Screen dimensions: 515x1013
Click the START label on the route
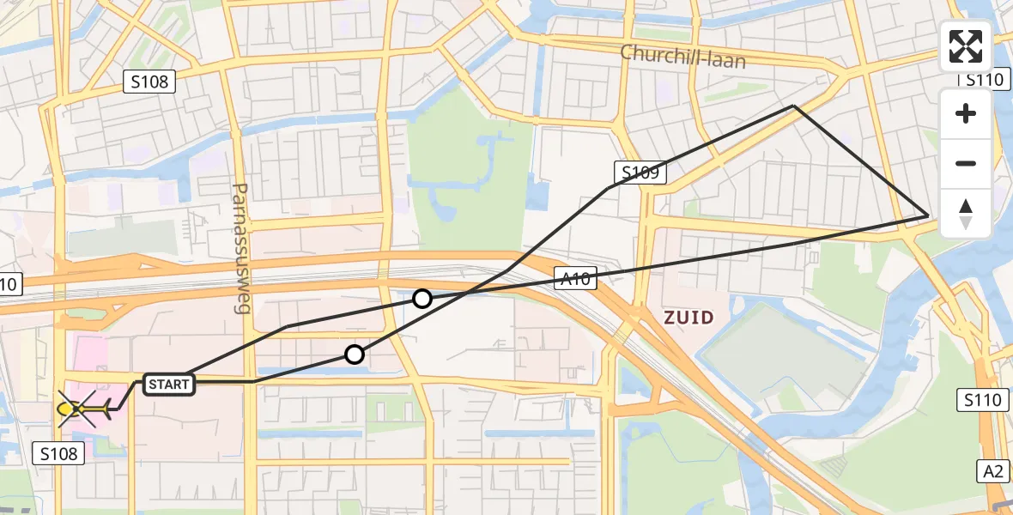pos(168,384)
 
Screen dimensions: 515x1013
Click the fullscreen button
pos(966,46)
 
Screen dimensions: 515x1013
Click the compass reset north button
pos(966,214)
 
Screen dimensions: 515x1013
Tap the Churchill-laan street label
pos(683,57)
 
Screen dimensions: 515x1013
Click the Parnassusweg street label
pos(240,247)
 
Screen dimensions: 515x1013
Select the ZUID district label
pos(688,318)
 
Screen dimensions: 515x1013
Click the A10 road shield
pos(575,277)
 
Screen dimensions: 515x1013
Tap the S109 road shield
pos(640,173)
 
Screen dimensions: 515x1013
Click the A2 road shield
pos(993,470)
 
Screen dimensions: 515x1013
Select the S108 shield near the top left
pos(150,82)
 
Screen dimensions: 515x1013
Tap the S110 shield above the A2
pos(982,399)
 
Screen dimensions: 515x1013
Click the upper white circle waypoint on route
pos(422,299)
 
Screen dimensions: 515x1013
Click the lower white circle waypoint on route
pos(355,354)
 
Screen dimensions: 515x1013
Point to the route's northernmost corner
pos(794,106)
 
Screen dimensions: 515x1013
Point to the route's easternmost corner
pos(929,215)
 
